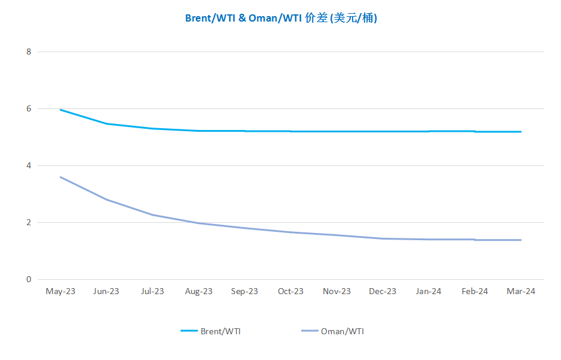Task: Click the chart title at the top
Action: point(281,18)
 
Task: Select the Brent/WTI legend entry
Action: point(211,331)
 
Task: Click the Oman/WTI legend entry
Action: point(333,331)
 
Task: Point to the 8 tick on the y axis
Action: point(29,52)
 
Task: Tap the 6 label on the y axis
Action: point(29,108)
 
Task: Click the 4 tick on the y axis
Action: point(29,165)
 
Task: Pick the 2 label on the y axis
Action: point(29,222)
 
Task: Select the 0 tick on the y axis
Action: point(29,279)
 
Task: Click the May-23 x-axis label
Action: point(60,291)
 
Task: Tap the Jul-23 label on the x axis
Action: point(153,291)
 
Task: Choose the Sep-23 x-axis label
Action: point(244,291)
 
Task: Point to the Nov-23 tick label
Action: point(336,291)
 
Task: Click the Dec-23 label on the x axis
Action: point(383,291)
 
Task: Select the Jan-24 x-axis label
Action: point(429,291)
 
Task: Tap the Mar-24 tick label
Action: point(521,291)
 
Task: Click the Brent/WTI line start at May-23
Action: point(60,110)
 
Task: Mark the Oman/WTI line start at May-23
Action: point(60,177)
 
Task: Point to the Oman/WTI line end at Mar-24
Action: point(521,240)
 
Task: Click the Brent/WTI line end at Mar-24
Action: point(521,132)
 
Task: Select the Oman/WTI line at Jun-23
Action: point(107,199)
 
